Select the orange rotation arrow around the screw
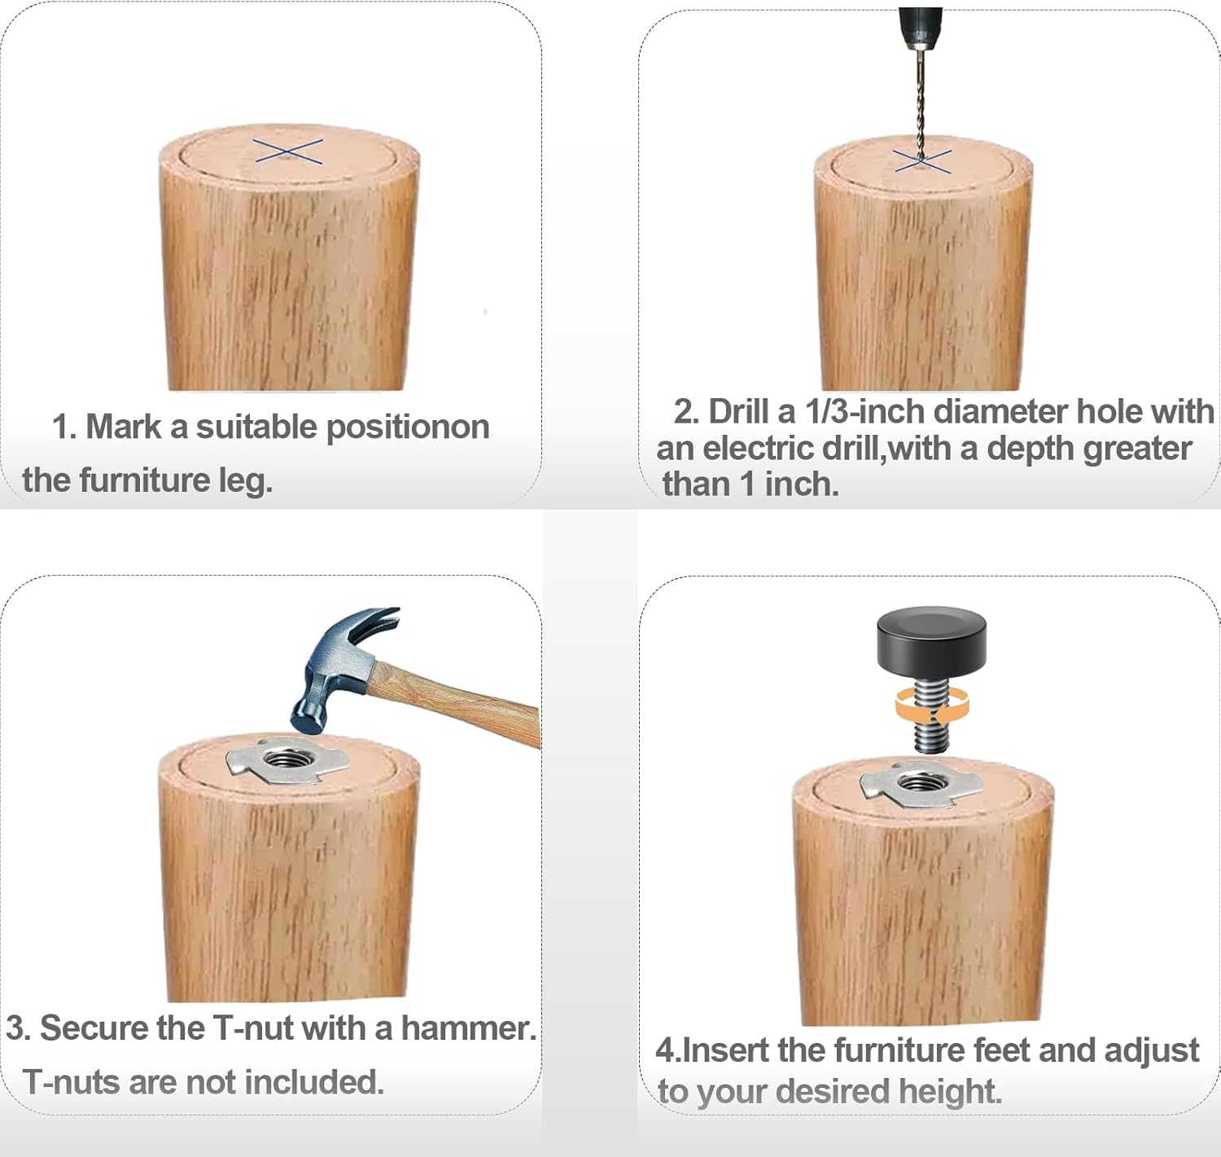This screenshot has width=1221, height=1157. (932, 707)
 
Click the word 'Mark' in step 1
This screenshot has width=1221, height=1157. (124, 427)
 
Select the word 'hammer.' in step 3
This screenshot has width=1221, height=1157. (469, 1028)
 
